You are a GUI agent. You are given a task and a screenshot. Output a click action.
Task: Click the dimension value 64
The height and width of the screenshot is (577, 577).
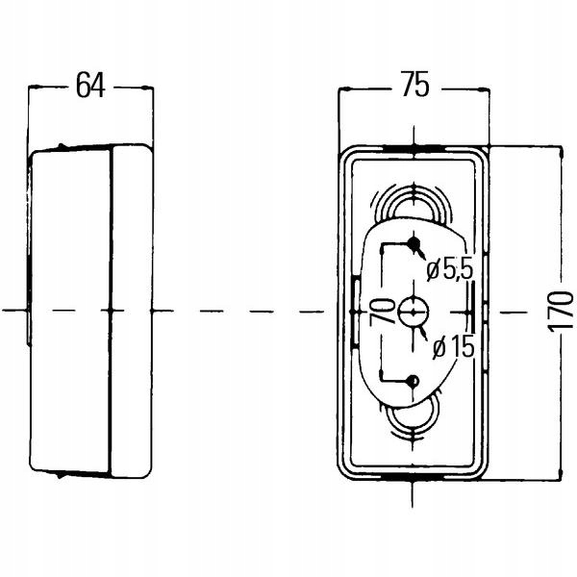click(x=89, y=86)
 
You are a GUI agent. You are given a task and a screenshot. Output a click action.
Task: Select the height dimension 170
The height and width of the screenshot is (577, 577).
click(x=564, y=311)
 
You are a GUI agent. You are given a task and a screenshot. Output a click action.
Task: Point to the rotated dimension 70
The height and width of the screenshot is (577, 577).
click(x=381, y=311)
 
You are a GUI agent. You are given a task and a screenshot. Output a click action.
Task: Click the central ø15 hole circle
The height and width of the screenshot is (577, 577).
click(x=414, y=311)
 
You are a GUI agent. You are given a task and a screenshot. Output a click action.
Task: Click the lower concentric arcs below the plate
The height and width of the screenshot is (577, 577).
click(x=413, y=421)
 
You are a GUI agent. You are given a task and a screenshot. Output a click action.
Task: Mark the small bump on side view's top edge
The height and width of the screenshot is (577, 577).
click(x=63, y=146)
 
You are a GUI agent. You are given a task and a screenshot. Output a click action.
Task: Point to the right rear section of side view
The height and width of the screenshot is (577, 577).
click(x=133, y=311)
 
